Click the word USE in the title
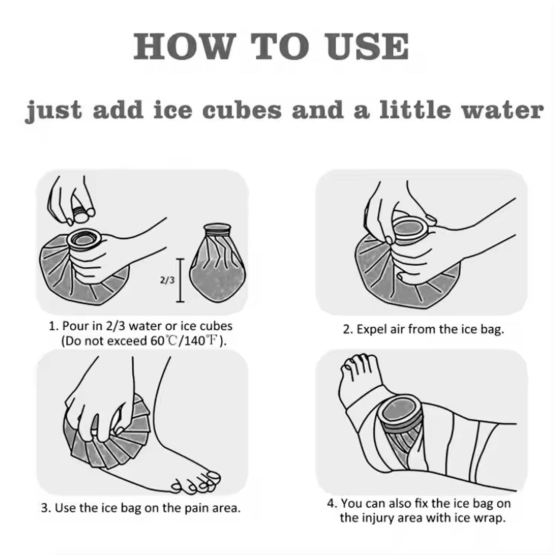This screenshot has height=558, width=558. pos(367,47)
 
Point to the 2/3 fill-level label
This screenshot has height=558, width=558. pos(167,280)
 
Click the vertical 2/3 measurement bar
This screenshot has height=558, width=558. pos(180,280)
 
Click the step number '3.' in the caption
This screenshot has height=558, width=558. pos(46,508)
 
